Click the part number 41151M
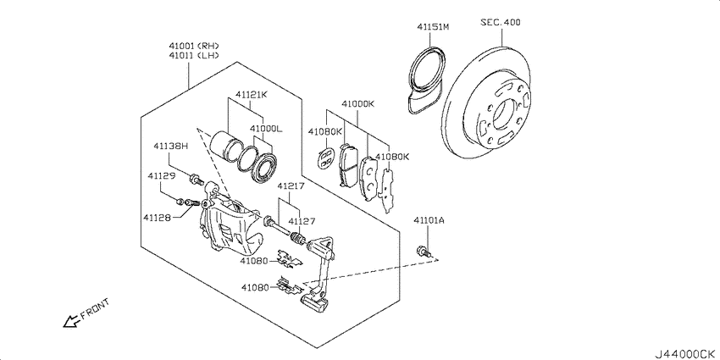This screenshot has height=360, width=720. (x=433, y=27)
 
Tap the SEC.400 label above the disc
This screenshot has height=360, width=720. (x=501, y=22)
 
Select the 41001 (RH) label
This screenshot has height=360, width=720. (x=193, y=46)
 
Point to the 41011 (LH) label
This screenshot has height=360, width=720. (x=193, y=56)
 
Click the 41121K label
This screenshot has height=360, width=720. (x=252, y=95)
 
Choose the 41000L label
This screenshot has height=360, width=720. (x=266, y=129)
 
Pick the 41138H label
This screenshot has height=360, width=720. (x=171, y=147)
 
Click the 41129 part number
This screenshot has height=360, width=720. (x=161, y=176)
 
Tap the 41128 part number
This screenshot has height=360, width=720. (x=156, y=216)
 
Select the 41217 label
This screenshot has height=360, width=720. (x=291, y=186)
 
